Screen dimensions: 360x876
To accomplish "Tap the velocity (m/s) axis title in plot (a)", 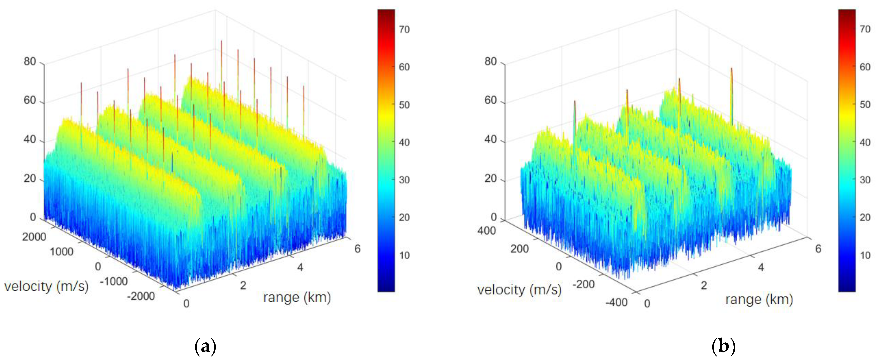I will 46,286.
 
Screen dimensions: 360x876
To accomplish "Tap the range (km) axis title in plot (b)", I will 759,299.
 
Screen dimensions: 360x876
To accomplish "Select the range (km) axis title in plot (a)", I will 297,298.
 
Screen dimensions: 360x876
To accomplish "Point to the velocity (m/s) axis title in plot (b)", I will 519,290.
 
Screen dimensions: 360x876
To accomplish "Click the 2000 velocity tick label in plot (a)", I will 34,237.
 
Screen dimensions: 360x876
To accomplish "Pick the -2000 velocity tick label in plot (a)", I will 141,296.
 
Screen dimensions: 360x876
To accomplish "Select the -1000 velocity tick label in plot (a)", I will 114,281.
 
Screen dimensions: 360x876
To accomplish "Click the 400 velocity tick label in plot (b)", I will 486,231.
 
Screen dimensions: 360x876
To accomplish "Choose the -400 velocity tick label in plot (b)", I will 616,302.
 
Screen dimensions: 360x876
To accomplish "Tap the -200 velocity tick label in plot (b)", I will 583,284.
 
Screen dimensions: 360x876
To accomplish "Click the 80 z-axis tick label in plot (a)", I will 30,62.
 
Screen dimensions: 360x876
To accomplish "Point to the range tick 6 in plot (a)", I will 357,249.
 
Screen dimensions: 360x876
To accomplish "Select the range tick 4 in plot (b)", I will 761,267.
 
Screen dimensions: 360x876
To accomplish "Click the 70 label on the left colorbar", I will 404,30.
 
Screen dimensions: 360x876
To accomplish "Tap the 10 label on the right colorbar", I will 865,255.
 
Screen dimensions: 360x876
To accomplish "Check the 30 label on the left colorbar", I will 404,180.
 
